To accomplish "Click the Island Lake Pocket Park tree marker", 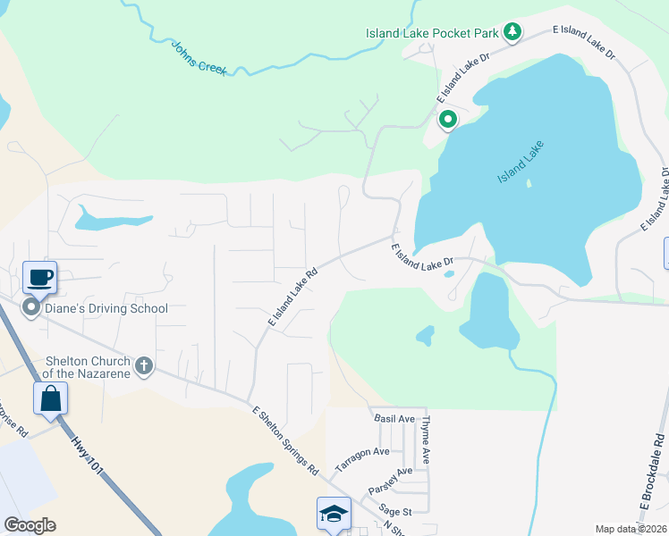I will point(512,32).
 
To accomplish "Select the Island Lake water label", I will point(521,163).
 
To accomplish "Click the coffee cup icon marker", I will point(39,277).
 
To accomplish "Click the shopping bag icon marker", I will point(51,398).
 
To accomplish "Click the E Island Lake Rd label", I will point(292,297).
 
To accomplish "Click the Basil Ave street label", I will point(394,418).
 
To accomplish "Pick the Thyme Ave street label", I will point(427,440).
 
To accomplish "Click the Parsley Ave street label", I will point(392,483).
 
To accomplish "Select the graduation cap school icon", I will point(334,514).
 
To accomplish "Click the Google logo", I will point(30,525).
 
